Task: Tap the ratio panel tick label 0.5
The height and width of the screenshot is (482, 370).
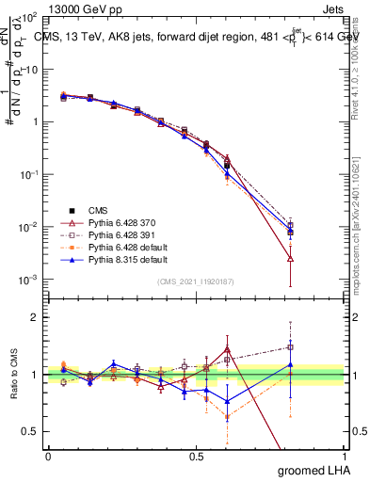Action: point(31,431)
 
